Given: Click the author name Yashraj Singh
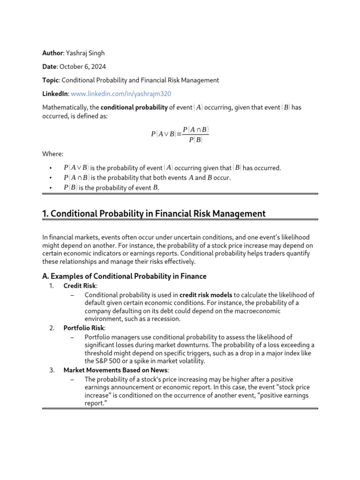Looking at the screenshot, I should click(88, 53).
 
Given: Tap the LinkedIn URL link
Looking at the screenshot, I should click(121, 94).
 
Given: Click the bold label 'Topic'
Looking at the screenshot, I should click(50, 80).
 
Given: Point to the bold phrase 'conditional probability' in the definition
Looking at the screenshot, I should click(134, 107).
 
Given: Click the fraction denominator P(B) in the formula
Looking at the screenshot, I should click(195, 140).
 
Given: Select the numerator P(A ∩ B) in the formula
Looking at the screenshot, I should click(195, 129).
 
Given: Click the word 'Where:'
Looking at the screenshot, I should click(52, 154).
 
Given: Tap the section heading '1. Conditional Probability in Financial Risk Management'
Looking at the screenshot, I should click(154, 214).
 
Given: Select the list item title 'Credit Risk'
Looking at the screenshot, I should click(79, 285).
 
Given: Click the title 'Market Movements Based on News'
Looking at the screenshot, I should click(116, 370).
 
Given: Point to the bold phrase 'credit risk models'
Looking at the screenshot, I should click(206, 295).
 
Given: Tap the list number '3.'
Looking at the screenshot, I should click(52, 370).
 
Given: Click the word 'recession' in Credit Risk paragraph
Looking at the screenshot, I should click(165, 319).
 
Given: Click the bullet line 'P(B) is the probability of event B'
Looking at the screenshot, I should click(111, 187).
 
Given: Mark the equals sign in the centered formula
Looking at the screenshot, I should click(179, 134).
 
